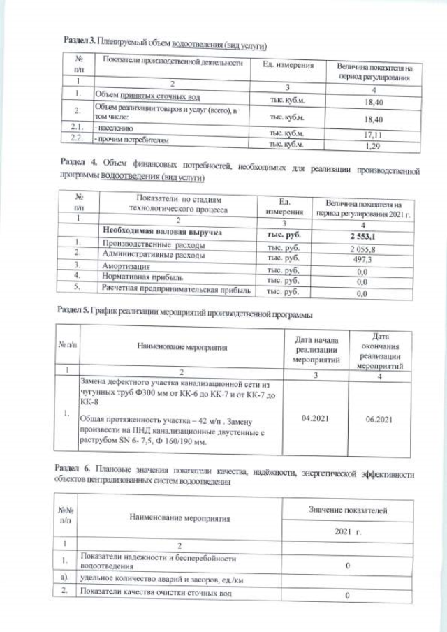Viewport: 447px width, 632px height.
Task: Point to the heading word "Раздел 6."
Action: click(72, 466)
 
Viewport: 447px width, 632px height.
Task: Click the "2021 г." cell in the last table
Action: click(351, 533)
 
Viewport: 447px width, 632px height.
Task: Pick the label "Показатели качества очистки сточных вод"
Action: click(161, 594)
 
